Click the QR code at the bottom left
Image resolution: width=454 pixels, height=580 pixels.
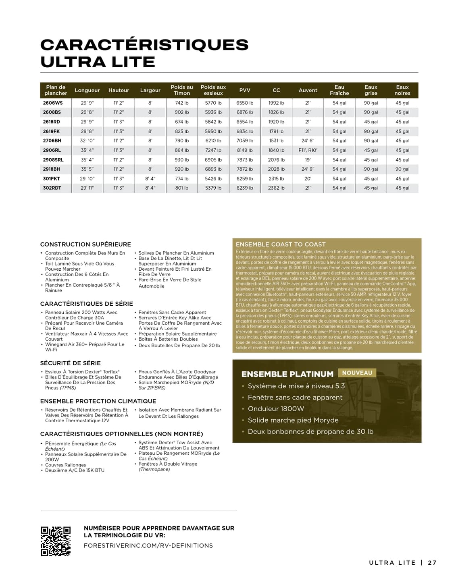coord(56,541)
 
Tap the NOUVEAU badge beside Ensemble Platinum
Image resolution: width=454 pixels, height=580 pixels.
coord(357,373)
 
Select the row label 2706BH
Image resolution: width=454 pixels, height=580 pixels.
coord(52,141)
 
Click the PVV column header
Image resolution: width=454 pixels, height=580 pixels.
coord(245,90)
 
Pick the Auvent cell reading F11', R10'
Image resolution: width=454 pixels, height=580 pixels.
coord(308,150)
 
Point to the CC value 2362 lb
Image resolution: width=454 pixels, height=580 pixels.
coord(276,188)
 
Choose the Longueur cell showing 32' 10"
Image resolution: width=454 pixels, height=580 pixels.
coord(87,141)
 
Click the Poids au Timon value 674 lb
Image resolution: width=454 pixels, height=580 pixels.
coord(181,122)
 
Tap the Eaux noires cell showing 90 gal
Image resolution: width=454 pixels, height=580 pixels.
coord(402,169)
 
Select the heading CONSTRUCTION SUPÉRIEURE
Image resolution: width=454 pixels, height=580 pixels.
coord(85,244)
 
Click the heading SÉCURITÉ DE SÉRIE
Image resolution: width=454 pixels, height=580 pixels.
coord(71,363)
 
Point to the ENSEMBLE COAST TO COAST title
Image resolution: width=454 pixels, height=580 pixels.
coord(281,244)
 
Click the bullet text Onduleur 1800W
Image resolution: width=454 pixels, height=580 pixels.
coord(276,409)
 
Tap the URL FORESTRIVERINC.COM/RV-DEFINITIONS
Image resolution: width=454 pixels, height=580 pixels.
coord(148,546)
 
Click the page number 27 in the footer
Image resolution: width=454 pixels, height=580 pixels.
coord(432,563)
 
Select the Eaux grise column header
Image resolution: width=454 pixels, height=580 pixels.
coord(371,90)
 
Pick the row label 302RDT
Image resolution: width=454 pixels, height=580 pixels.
coord(52,188)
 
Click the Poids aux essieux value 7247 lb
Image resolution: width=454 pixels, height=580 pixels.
coord(213,150)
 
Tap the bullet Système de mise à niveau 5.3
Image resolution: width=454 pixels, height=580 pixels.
coord(296,386)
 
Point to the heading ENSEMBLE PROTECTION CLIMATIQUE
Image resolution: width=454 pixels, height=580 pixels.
coord(98,401)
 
